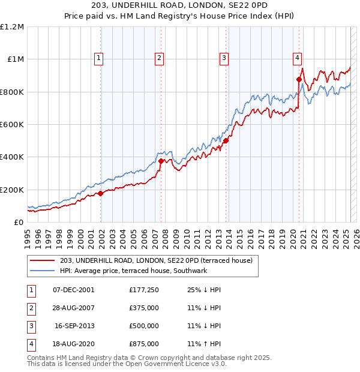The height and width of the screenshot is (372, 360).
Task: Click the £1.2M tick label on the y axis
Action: click(12, 27)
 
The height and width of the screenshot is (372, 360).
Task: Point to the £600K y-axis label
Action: click(12, 125)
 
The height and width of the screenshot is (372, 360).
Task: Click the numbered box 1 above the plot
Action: click(98, 58)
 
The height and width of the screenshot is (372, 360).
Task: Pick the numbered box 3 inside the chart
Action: click(223, 58)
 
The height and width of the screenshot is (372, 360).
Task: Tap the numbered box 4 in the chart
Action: click(297, 58)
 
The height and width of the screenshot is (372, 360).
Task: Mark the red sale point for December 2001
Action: click(101, 193)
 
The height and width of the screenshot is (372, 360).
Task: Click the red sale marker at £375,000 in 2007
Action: click(161, 161)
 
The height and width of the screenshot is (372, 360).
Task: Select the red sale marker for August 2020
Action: click(299, 79)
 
